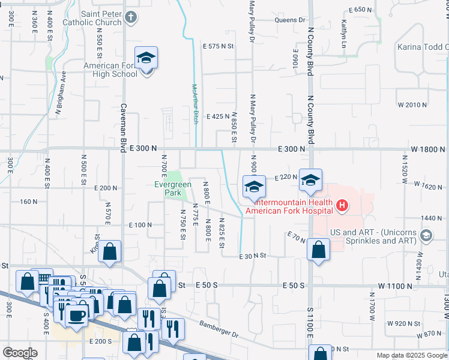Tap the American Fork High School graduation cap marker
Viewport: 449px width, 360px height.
146,58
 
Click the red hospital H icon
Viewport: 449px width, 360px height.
342,207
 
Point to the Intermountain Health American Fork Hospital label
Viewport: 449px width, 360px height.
289,206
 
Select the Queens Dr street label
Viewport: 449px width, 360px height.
291,20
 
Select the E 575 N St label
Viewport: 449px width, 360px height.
218,46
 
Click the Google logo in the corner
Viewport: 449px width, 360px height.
20,353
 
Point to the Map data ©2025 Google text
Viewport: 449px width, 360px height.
412,355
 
